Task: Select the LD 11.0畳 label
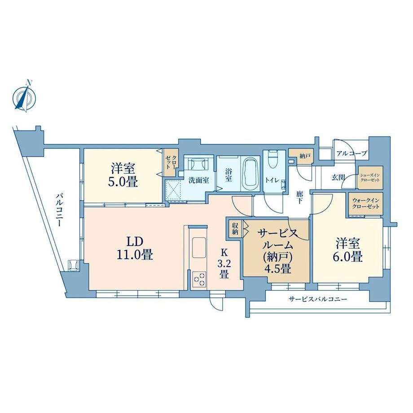click(x=135, y=248)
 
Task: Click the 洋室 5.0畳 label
click(x=123, y=175)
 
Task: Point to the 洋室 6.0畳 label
click(x=347, y=250)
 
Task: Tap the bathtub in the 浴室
click(x=250, y=175)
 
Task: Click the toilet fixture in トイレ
click(x=272, y=159)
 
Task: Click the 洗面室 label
click(x=198, y=180)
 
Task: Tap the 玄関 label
click(x=338, y=177)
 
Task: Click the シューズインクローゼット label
click(x=370, y=177)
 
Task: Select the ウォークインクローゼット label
click(x=366, y=203)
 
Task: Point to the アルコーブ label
click(x=352, y=153)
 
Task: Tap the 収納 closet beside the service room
click(x=235, y=229)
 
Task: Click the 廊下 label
click(x=299, y=198)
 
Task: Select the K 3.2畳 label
click(x=224, y=264)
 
